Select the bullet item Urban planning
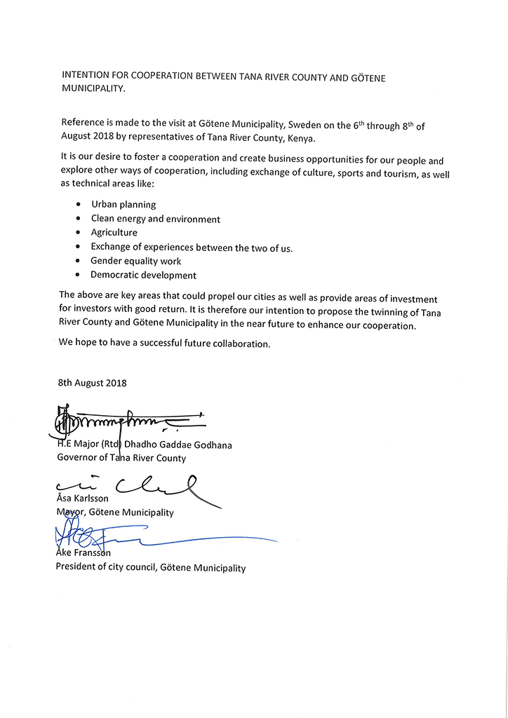point(123,205)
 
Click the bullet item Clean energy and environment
point(155,219)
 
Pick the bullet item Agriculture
point(114,233)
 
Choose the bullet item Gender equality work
point(136,261)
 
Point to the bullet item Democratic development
point(144,276)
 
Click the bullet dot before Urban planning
point(77,205)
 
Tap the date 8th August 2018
point(92,383)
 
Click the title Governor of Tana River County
point(121,459)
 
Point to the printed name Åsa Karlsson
point(83,499)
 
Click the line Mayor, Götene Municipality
point(115,513)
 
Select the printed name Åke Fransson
point(83,553)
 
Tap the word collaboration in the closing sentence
point(239,344)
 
